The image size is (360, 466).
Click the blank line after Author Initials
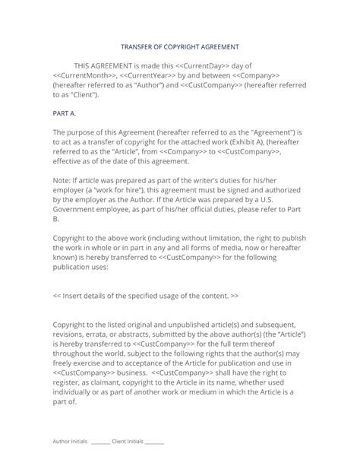100,442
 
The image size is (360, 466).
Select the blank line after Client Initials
154,442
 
